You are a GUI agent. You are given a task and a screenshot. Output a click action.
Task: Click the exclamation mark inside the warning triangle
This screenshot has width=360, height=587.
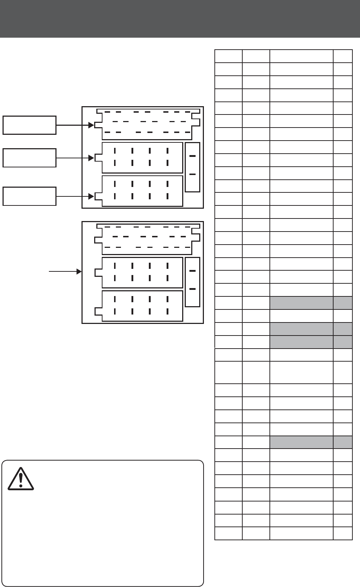tap(21, 479)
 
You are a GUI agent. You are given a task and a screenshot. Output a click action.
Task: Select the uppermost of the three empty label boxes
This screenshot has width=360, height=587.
tap(29, 125)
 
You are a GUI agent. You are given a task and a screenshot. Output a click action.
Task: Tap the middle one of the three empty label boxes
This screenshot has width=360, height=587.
tap(29, 158)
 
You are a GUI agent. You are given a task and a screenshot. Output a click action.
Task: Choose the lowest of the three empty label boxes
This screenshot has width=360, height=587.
tap(29, 196)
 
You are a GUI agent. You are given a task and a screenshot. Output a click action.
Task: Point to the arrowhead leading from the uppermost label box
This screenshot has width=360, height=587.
tap(92, 125)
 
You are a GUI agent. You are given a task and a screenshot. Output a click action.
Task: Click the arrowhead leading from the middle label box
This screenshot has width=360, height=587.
tap(92, 158)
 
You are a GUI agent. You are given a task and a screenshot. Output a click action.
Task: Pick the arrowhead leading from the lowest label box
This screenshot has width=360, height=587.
tap(92, 196)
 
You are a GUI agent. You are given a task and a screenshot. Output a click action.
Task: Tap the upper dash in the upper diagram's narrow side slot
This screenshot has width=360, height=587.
tap(192, 156)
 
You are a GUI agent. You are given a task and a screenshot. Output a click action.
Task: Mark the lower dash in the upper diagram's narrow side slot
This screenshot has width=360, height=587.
tap(192, 174)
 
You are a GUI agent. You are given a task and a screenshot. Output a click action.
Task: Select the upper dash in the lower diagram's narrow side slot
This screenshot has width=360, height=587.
tap(192, 271)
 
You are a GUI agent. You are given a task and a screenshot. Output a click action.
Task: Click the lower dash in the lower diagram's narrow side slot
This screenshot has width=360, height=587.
tap(192, 289)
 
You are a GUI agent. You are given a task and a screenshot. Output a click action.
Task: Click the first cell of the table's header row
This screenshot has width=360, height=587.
tap(228, 56)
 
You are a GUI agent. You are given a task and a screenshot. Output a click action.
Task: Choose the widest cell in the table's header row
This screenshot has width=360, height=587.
tap(301, 56)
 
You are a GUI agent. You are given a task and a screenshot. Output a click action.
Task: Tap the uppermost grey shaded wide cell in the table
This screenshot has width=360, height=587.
tap(301, 303)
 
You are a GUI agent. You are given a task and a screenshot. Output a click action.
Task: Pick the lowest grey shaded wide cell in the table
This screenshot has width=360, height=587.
tap(301, 442)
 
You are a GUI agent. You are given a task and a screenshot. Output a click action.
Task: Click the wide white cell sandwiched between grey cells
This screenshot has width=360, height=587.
tap(301, 316)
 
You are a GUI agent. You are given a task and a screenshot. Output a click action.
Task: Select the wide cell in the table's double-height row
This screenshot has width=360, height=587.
tap(301, 372)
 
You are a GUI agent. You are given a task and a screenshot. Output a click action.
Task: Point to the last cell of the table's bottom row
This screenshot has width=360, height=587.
tap(343, 533)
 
